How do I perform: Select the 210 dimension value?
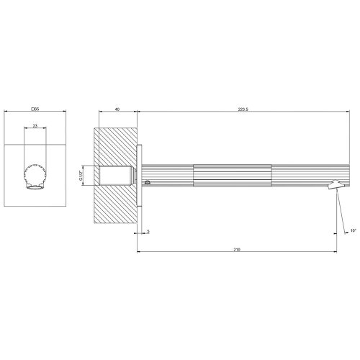[238, 248]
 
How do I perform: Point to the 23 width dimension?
[35, 126]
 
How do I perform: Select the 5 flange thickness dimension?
[148, 231]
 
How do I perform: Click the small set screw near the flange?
[147, 183]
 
